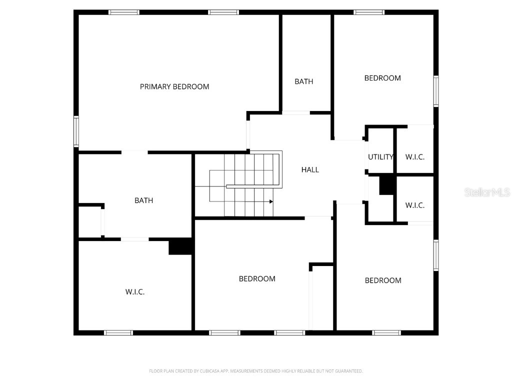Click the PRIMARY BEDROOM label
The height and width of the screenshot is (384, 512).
[x=174, y=86]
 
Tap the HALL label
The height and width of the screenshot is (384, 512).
[x=310, y=170]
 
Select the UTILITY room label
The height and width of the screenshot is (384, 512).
[x=381, y=157]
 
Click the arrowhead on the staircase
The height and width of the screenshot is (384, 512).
[x=271, y=201]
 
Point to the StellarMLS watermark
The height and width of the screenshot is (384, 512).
[x=486, y=192]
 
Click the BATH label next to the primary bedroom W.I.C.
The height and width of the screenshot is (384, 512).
[x=143, y=200]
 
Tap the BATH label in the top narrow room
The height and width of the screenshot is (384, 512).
[x=303, y=81]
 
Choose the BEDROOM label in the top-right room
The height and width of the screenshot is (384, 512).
[x=382, y=78]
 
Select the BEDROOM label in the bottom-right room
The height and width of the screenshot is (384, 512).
[x=383, y=280]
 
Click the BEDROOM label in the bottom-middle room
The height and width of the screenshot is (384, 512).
[x=257, y=279]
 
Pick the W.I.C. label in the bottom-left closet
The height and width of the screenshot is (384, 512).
[x=135, y=292]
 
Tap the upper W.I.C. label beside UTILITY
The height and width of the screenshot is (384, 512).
[x=415, y=157]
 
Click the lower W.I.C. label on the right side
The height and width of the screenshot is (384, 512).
[x=415, y=205]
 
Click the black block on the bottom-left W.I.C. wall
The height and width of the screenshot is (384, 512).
[x=180, y=246]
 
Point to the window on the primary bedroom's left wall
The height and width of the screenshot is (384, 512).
[x=76, y=131]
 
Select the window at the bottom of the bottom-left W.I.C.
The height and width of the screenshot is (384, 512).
[x=118, y=332]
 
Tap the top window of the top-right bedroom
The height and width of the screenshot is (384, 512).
[x=369, y=12]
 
